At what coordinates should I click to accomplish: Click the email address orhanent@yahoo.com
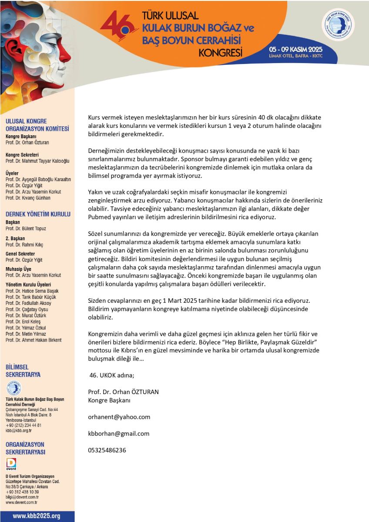click(x=119, y=417)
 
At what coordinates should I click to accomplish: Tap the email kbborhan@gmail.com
click(x=118, y=433)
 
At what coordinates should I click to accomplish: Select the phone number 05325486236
click(x=107, y=450)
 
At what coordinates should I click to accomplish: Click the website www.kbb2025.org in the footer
click(x=37, y=516)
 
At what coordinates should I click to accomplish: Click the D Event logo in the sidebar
click(x=11, y=464)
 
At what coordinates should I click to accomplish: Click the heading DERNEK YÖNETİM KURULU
click(x=38, y=214)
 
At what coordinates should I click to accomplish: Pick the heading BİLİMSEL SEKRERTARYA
click(x=23, y=371)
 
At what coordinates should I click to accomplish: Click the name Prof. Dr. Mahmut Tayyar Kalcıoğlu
click(x=37, y=161)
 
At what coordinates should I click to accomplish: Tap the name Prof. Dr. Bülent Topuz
click(x=26, y=228)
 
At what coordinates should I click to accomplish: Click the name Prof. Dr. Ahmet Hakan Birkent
click(x=34, y=340)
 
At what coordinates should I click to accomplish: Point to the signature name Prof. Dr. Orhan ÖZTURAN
click(x=123, y=391)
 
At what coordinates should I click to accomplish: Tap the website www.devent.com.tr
click(x=21, y=502)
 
